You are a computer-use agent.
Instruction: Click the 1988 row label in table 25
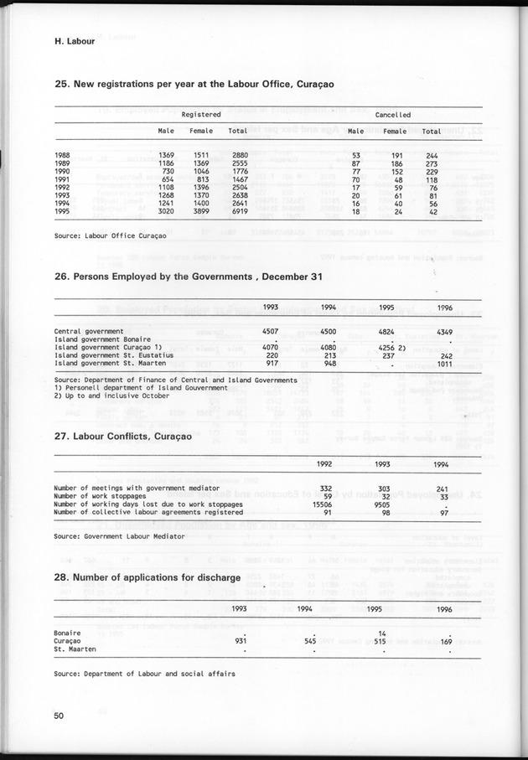tap(62, 156)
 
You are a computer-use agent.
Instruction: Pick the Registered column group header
tap(201, 114)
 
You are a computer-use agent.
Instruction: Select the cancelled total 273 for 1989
tap(431, 164)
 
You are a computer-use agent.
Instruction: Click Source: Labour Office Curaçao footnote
tap(110, 236)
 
